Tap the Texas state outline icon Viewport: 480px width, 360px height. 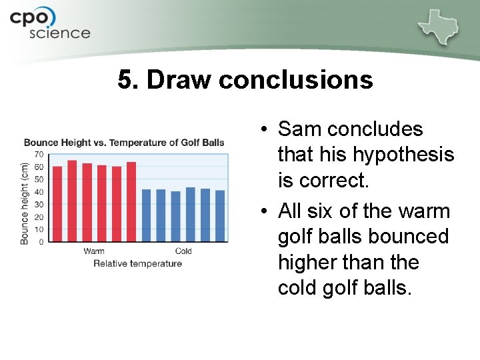pos(440,26)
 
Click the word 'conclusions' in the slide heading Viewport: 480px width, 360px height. pos(295,80)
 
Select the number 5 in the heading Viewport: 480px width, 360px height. pos(125,80)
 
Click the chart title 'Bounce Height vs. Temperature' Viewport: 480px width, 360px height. pos(124,142)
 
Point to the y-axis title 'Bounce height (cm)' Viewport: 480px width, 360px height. pos(25,203)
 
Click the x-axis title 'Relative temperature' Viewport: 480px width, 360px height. pos(137,263)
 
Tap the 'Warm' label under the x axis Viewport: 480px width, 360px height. pos(94,251)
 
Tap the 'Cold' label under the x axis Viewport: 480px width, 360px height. pos(183,251)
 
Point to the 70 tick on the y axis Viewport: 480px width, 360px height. pos(39,155)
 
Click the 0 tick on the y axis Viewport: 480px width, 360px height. pos(41,242)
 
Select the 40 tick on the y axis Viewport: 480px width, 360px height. pos(39,192)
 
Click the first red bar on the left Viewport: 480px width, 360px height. pos(57,204)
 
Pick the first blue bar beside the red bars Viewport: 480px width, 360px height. pos(147,215)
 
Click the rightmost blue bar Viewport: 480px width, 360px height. pos(220,216)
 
